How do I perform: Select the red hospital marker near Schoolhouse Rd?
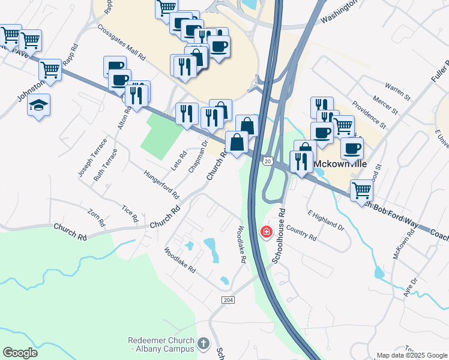pos(265,232)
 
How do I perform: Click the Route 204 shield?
pos(228,300)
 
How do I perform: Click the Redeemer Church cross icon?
pos(203,344)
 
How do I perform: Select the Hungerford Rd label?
pos(161,184)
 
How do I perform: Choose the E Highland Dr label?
pos(325,221)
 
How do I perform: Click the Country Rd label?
pos(301,232)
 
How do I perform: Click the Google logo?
pos(20,352)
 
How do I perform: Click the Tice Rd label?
pos(130,212)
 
